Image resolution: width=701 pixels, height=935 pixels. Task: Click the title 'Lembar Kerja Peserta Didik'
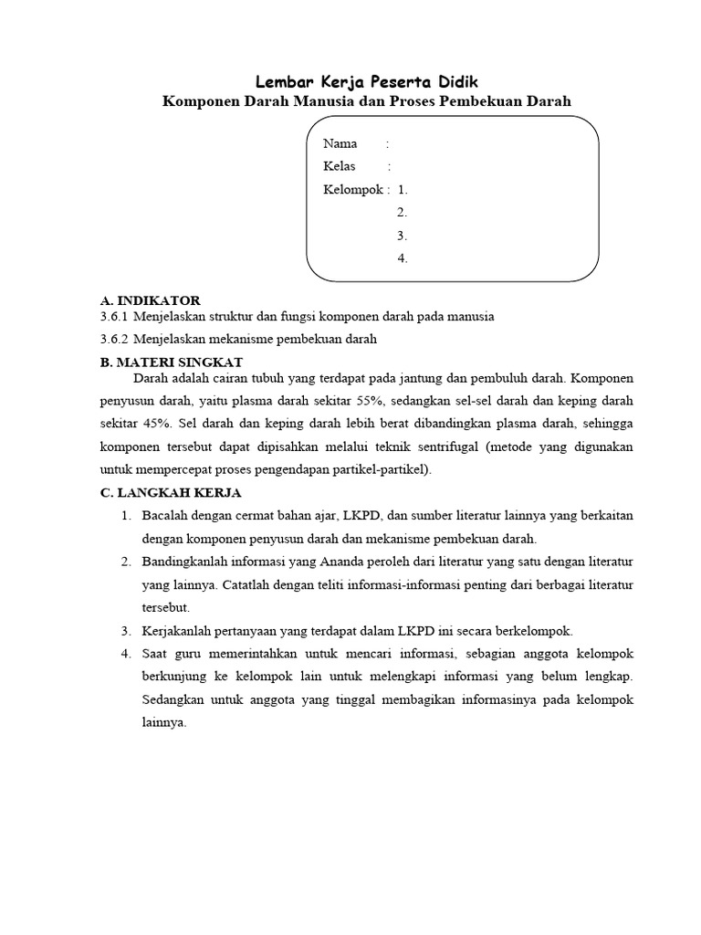tap(366, 82)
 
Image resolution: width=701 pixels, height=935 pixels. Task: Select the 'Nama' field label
tap(340, 143)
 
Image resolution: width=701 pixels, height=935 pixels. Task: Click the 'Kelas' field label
tap(340, 166)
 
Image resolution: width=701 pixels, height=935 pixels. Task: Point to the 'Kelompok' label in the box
tap(353, 189)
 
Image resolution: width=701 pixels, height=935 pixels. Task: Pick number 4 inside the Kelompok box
tap(403, 258)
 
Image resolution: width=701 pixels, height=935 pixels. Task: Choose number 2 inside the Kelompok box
tap(403, 212)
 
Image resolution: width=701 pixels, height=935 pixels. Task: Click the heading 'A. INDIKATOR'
tap(150, 300)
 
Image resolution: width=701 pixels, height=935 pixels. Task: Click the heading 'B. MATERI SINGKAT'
tap(171, 362)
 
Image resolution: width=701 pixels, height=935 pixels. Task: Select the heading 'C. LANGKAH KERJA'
tap(170, 493)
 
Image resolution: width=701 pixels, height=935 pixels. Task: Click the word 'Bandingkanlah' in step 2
tap(184, 561)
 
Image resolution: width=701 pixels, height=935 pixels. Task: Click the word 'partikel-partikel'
tap(377, 470)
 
